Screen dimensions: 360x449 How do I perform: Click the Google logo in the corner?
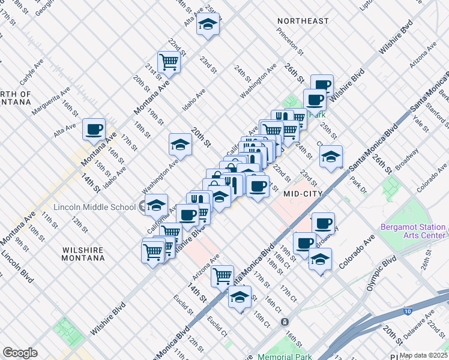pos(20,353)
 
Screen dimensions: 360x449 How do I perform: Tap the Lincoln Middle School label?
pos(95,208)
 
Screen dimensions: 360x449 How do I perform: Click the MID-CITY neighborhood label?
pos(303,193)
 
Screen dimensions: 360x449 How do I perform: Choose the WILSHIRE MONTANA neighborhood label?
pos(83,254)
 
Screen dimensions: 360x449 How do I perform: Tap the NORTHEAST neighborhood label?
pos(303,21)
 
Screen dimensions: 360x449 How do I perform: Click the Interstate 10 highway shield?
pos(408,311)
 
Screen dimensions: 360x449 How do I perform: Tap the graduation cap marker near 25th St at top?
pos(208,25)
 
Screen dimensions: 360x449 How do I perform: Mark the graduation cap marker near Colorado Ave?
pos(320,260)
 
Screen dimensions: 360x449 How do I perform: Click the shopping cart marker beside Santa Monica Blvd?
pos(223,275)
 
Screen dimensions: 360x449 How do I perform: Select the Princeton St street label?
pos(295,46)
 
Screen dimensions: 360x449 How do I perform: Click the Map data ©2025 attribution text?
pos(424,355)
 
